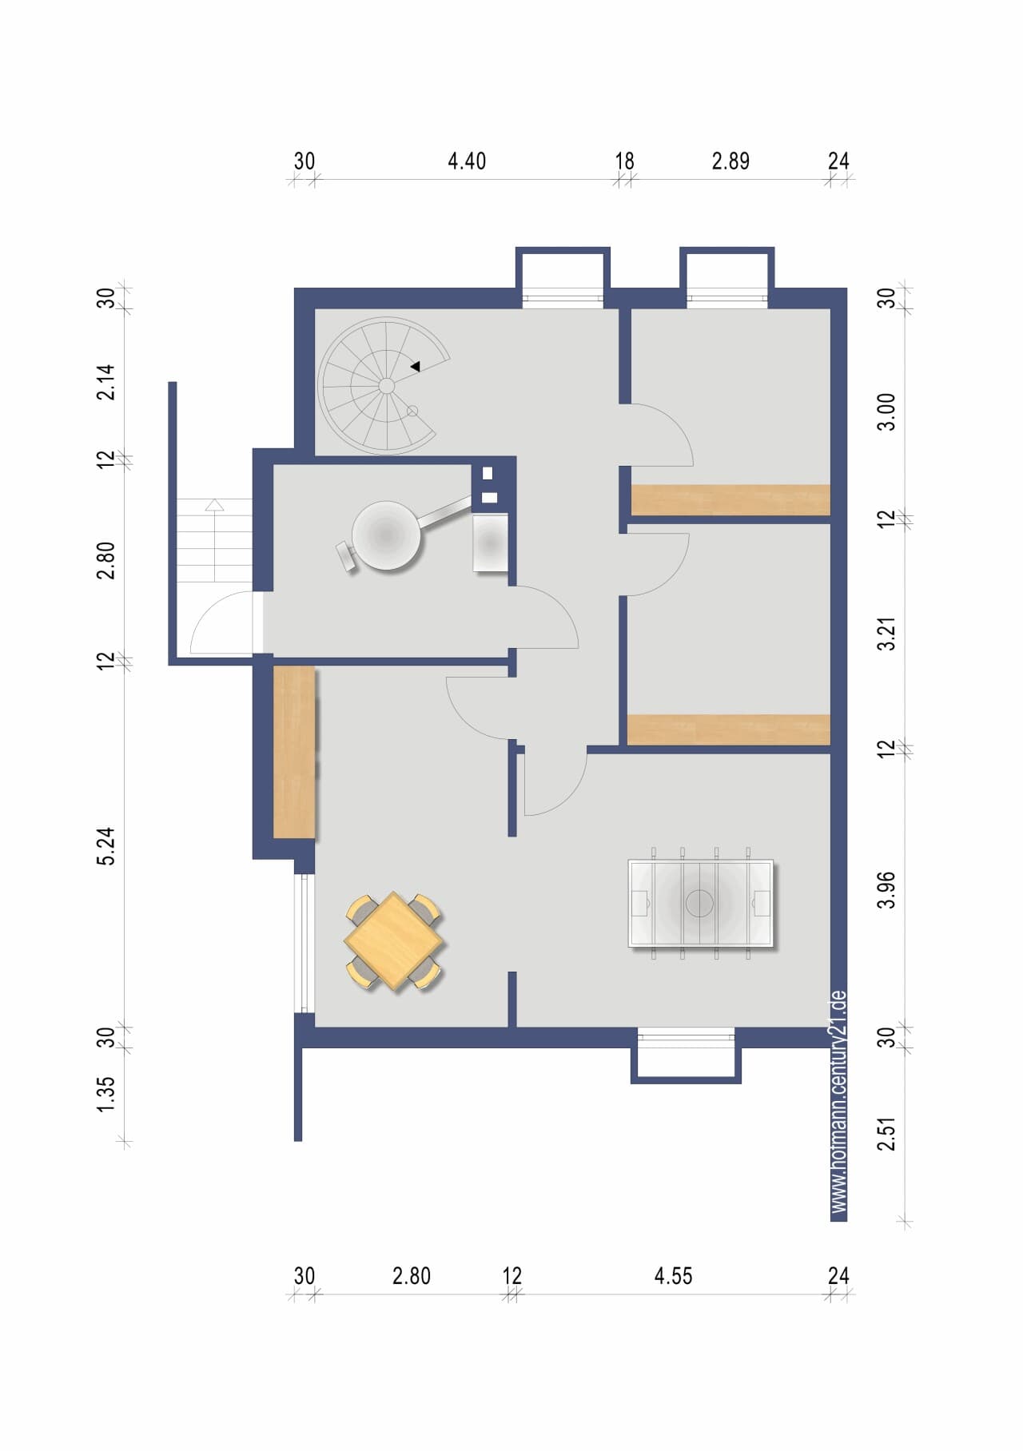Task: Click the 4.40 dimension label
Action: [467, 161]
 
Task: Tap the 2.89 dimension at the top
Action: [730, 161]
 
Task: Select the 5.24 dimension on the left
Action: [106, 846]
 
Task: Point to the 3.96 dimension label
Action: [887, 890]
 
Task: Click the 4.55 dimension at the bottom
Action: [673, 1276]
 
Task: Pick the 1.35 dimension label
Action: [106, 1094]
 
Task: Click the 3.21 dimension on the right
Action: [887, 634]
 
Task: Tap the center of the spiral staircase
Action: [386, 386]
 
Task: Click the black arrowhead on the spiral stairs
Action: [416, 367]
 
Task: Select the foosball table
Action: [700, 903]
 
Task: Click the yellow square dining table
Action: [394, 941]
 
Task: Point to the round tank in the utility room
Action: [386, 536]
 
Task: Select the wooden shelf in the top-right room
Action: [730, 499]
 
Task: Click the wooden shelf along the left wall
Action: [294, 752]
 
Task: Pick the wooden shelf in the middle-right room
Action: [729, 729]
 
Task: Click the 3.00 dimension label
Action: [887, 412]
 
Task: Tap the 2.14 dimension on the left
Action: [106, 382]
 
